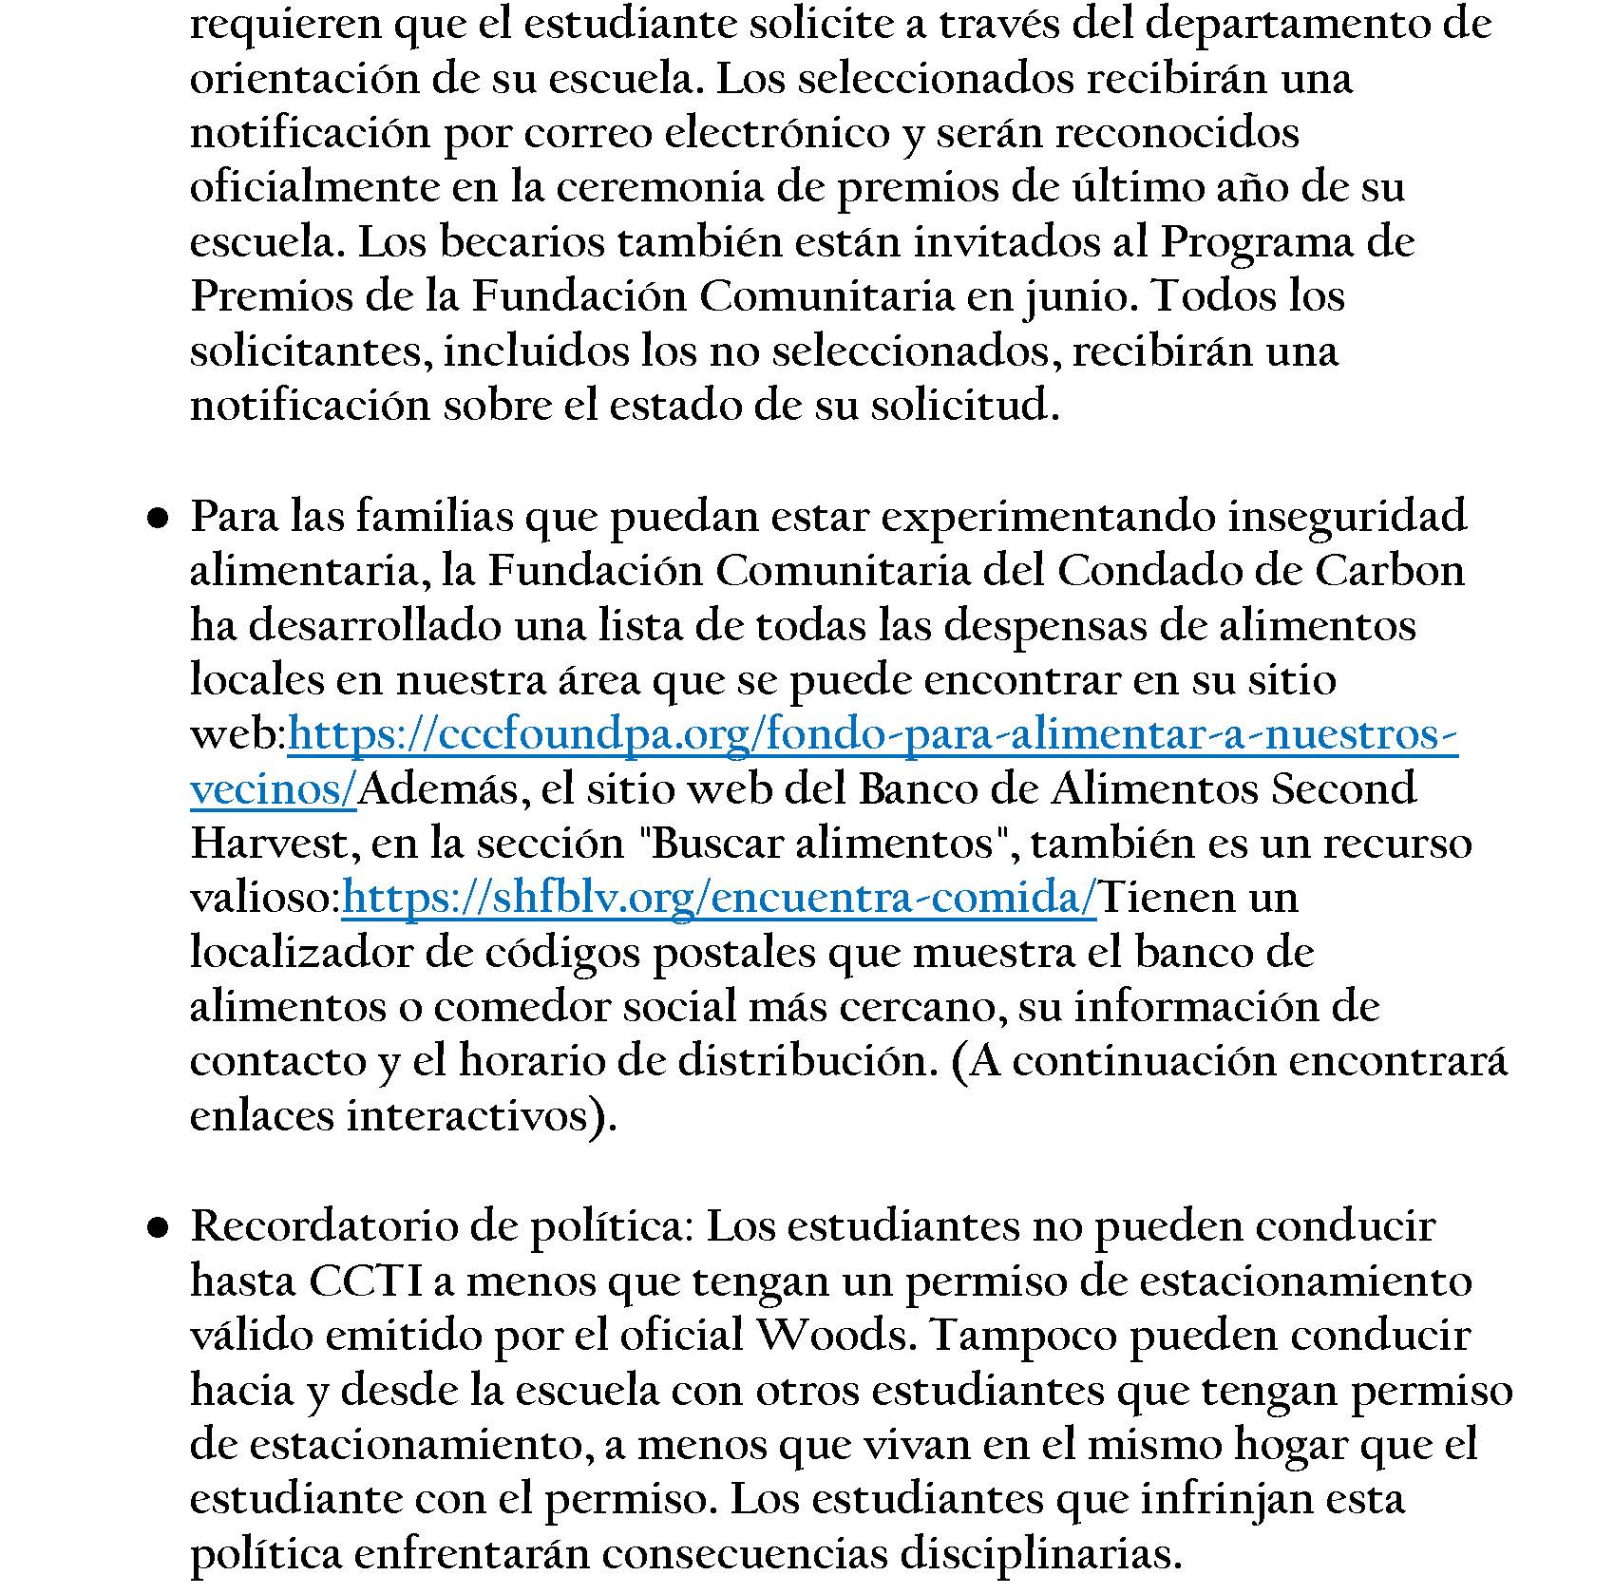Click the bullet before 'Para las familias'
pos(158,518)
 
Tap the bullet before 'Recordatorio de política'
pos(158,1228)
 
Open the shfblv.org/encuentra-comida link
pos(719,898)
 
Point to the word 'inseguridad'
pos(1347,517)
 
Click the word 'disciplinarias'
pos(1039,1554)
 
